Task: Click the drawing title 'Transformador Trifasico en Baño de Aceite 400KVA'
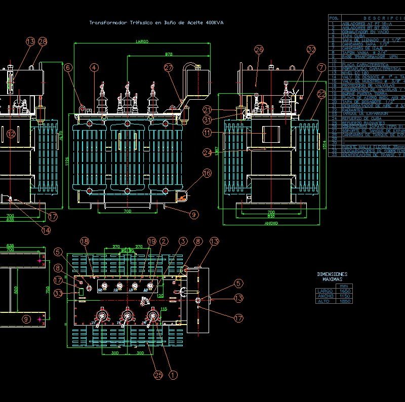point(156,23)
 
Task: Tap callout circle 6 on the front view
point(68,67)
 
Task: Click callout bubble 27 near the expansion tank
point(169,67)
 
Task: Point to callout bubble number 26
point(259,50)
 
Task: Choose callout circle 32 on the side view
point(311,50)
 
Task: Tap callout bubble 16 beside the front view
point(207,174)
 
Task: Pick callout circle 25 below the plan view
point(158,375)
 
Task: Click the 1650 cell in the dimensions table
point(345,291)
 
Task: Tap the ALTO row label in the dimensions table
point(322,301)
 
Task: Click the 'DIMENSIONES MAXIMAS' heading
point(332,276)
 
